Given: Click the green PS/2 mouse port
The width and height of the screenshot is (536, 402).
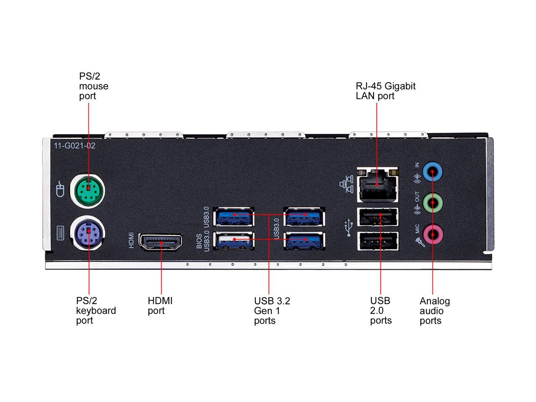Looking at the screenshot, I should pyautogui.click(x=87, y=191).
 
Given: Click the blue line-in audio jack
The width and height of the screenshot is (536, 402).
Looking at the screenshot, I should pyautogui.click(x=433, y=171).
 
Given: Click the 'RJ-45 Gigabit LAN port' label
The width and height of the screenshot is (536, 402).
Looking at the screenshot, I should pyautogui.click(x=385, y=91).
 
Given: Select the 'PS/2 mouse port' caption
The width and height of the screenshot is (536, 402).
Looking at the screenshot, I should pyautogui.click(x=93, y=86).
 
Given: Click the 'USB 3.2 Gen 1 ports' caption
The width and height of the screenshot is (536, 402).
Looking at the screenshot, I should pyautogui.click(x=272, y=311).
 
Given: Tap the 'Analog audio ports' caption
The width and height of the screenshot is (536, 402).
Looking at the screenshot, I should pyautogui.click(x=434, y=311).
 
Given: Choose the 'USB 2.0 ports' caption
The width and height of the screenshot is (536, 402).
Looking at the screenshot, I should pyautogui.click(x=381, y=311).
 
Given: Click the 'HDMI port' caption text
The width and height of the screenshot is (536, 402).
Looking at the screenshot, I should pyautogui.click(x=160, y=306).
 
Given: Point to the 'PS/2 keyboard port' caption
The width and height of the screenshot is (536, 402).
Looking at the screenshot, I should pyautogui.click(x=96, y=311).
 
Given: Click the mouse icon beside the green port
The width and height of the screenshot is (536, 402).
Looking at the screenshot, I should pyautogui.click(x=60, y=189).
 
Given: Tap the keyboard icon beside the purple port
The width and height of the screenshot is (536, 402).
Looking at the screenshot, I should pyautogui.click(x=60, y=231).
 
